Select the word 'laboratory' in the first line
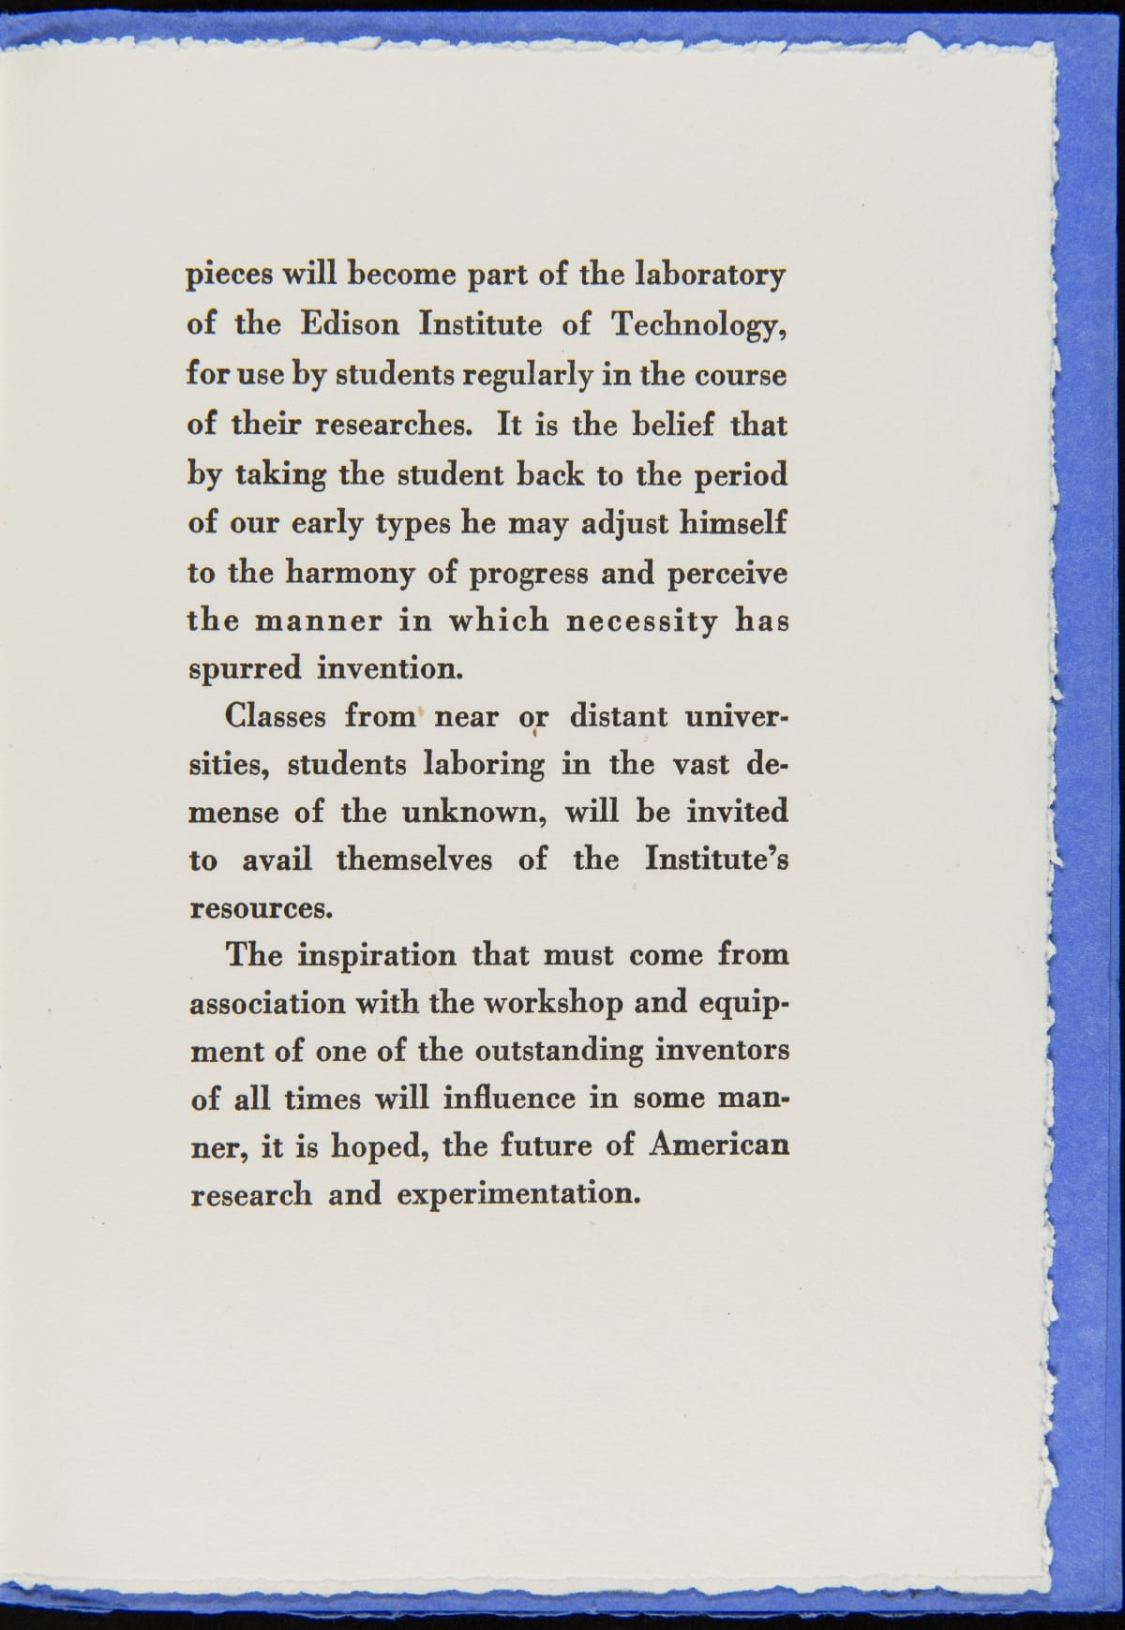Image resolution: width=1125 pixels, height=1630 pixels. click(710, 276)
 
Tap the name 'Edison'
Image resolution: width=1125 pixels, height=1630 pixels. click(349, 324)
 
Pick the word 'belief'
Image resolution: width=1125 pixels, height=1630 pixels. click(664, 425)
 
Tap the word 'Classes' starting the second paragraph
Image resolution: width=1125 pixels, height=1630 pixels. click(277, 717)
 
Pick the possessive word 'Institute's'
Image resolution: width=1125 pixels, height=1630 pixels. click(716, 859)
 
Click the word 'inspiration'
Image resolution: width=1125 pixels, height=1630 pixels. click(376, 956)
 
